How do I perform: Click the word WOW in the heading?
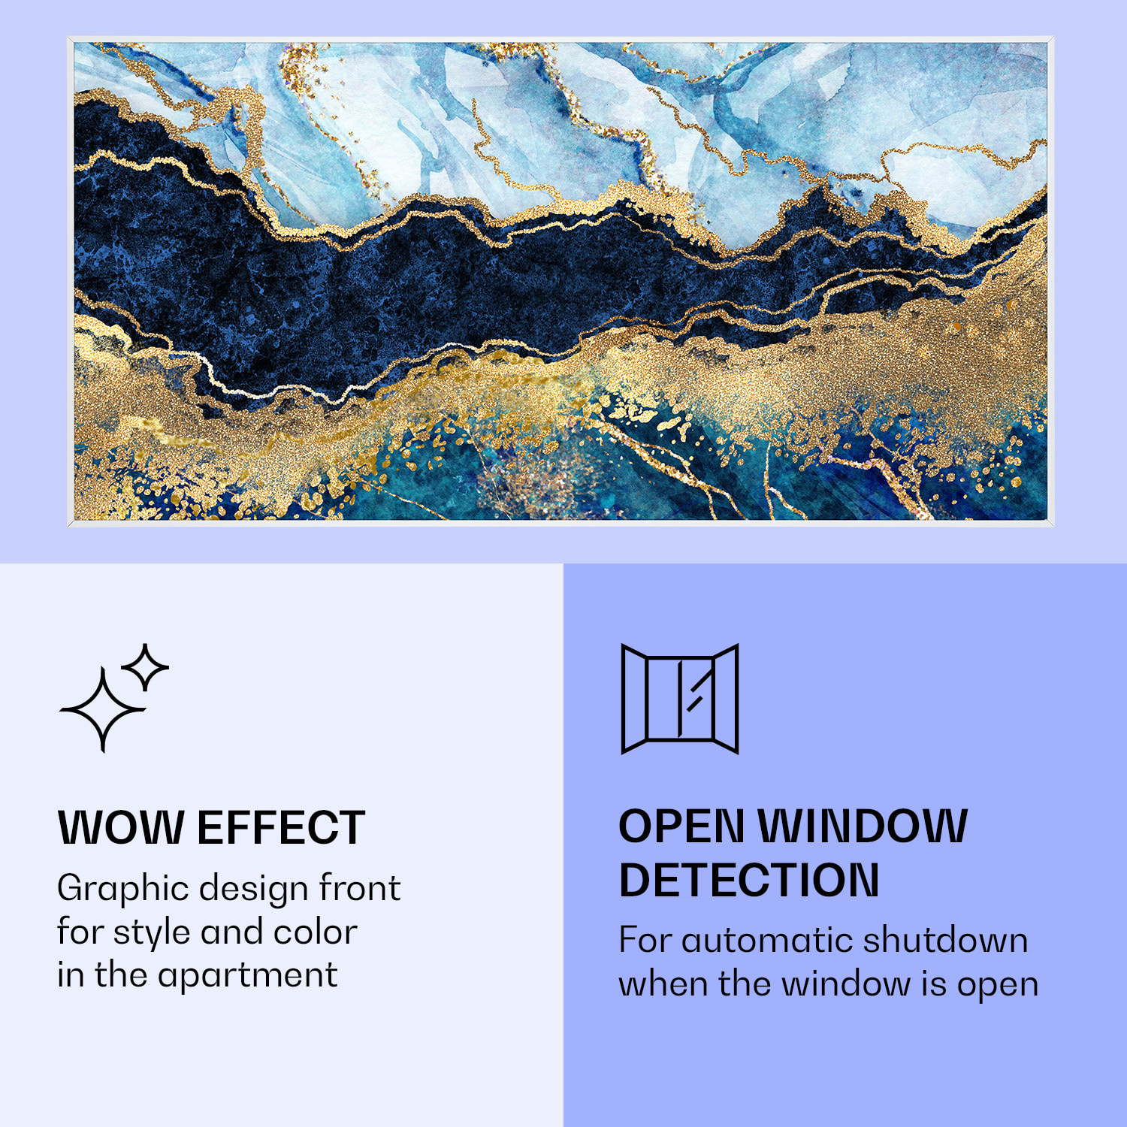click(121, 827)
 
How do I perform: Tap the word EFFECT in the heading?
click(281, 827)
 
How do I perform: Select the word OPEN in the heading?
click(681, 826)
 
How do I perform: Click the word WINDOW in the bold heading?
click(863, 826)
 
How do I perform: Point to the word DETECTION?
click(749, 880)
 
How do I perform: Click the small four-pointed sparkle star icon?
click(145, 667)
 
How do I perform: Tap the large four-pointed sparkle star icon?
click(103, 709)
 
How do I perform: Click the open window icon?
click(680, 699)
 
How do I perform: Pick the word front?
click(360, 888)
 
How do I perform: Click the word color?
click(315, 932)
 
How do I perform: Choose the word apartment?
click(247, 976)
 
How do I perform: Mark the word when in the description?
click(663, 983)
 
